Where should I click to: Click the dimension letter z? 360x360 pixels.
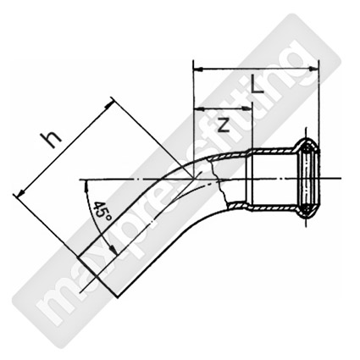pos(224,125)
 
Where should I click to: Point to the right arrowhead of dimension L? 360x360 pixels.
pos(313,69)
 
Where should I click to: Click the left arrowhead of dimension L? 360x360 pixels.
pos(197,69)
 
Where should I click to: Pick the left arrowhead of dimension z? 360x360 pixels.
pos(199,108)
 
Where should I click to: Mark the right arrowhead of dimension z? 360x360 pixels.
pos(246,108)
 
